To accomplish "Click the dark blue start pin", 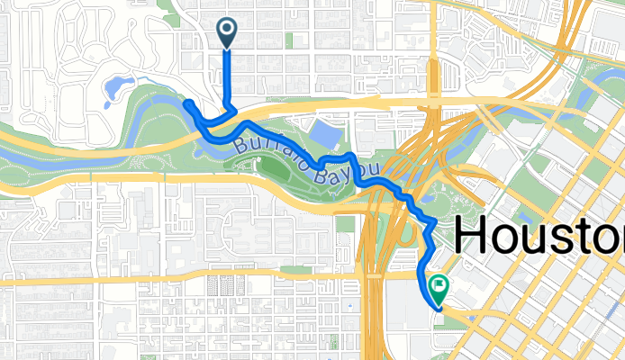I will pos(225,32).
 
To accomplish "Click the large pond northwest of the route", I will pos(117,88).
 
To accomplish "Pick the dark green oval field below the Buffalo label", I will pos(275,166).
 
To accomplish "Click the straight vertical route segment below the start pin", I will pos(225,76).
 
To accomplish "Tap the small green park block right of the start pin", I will pos(288,40).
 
